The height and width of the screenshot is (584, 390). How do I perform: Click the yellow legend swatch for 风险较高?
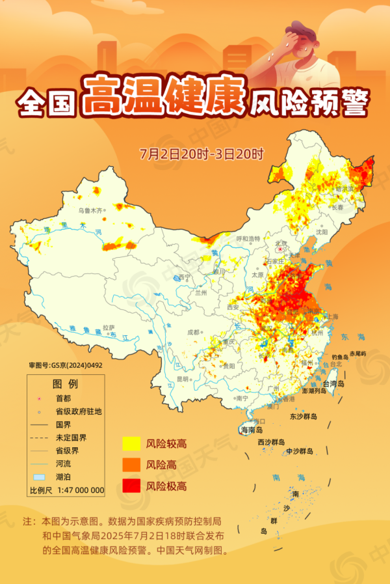[131, 444]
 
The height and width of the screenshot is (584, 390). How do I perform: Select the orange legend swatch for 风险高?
[131, 465]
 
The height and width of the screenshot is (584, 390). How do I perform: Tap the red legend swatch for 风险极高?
[131, 486]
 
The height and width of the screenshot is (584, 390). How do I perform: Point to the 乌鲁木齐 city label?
[91, 210]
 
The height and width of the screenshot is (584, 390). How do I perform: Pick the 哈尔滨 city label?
[344, 188]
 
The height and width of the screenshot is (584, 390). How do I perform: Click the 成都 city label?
[194, 331]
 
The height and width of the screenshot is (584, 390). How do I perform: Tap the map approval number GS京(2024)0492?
[66, 365]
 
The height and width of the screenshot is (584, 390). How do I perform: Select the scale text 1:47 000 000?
[81, 490]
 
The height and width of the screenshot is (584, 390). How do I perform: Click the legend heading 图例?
[65, 383]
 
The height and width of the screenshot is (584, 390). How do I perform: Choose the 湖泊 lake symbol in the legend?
[39, 477]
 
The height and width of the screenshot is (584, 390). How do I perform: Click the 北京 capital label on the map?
[281, 242]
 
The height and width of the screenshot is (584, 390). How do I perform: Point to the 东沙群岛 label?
[303, 416]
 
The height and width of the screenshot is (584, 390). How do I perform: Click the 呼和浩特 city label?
[248, 238]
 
